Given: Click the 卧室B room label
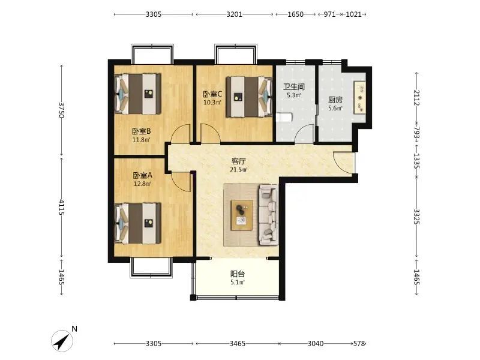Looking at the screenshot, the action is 142,131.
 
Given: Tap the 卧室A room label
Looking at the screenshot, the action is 142,175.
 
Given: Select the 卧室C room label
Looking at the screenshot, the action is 212,94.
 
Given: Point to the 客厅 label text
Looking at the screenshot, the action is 239,161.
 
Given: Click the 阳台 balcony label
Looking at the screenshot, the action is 238,274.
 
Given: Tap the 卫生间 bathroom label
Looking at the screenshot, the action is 294,86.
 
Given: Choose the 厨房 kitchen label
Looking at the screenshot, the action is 335,100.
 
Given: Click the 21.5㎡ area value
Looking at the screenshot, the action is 239,169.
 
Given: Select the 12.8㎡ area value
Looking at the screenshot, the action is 142,184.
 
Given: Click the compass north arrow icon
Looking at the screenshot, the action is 62,341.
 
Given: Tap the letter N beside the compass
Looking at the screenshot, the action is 74,329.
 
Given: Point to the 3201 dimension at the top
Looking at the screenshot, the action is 234,14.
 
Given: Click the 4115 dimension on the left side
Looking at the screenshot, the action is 62,207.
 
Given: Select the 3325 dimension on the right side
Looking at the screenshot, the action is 416,216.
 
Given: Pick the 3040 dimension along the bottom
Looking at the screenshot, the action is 316,343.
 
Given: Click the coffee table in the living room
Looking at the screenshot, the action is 242,215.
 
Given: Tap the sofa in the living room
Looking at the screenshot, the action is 268,215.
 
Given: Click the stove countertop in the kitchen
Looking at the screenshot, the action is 360,98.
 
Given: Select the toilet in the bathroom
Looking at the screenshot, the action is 284,118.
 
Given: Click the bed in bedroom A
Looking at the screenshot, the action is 138,223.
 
